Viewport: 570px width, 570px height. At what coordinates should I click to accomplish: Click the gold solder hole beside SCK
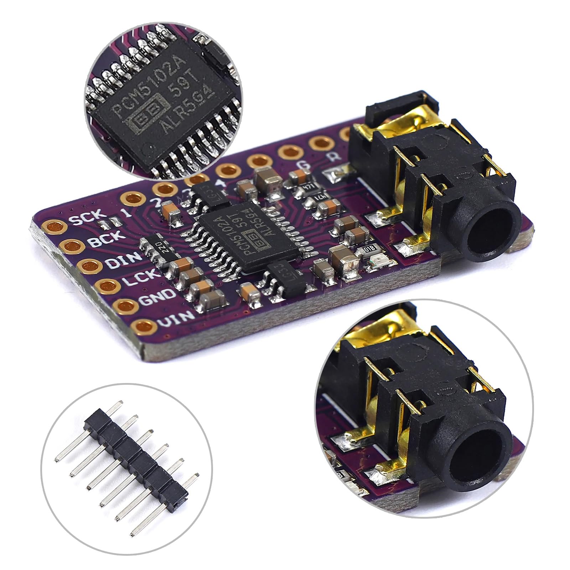[x=55, y=227]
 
